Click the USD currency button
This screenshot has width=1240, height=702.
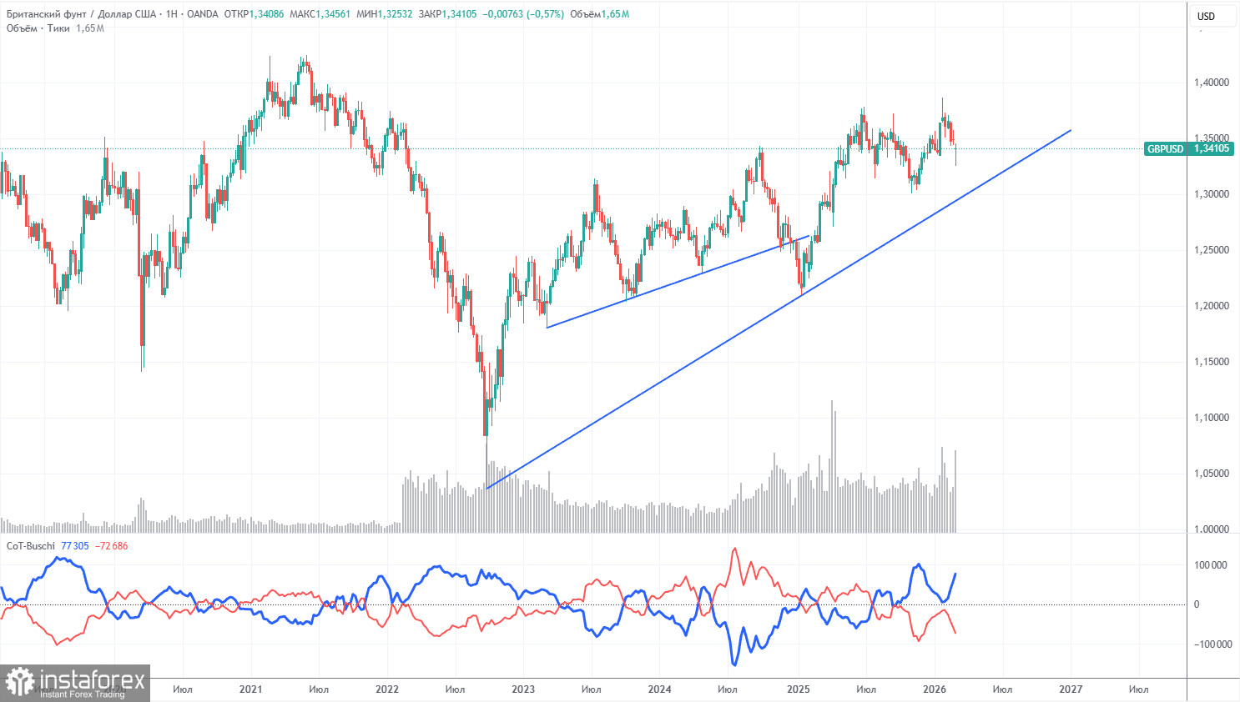(x=1206, y=16)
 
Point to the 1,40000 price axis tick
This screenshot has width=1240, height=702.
(x=1211, y=83)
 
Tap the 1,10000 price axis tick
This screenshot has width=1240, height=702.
(x=1211, y=418)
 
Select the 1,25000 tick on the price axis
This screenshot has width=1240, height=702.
(x=1211, y=250)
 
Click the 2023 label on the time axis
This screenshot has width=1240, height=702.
(x=523, y=689)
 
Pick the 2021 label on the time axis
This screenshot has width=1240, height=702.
(x=250, y=689)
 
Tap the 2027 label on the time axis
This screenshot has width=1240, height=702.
(x=1071, y=689)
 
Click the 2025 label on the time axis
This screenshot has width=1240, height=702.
(x=798, y=689)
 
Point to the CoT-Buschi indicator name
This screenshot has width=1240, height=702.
(x=30, y=546)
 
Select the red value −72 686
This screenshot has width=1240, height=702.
(x=112, y=546)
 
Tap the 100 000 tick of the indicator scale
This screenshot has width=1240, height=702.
(x=1210, y=565)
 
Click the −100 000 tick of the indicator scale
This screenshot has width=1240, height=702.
(x=1208, y=644)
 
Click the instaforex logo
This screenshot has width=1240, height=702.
(x=75, y=683)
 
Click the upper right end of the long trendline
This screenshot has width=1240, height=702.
(x=1070, y=130)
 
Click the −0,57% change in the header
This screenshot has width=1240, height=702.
(x=547, y=14)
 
